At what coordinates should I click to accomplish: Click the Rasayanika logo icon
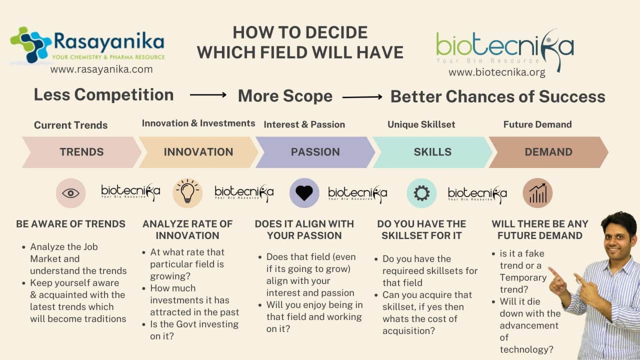tap(30, 44)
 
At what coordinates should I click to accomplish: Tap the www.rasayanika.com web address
tap(101, 69)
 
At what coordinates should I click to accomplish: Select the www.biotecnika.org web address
tap(497, 72)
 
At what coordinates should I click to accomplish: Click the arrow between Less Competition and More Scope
tap(208, 95)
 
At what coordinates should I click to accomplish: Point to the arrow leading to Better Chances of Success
tap(362, 97)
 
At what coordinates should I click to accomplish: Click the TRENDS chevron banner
tap(81, 152)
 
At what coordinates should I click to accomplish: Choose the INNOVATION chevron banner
tap(198, 152)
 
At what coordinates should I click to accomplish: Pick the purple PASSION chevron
tap(315, 152)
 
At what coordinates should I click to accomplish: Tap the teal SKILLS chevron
tap(432, 152)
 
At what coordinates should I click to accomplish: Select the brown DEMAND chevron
tap(548, 152)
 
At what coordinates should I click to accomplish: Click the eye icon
tap(70, 193)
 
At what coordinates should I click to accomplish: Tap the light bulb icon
tap(187, 191)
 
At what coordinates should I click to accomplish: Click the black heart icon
tap(304, 193)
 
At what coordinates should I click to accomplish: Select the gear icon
tap(421, 193)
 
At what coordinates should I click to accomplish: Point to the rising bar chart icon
tap(537, 193)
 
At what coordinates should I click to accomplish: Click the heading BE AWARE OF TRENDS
tap(70, 224)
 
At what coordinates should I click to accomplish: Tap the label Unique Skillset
tap(421, 124)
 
